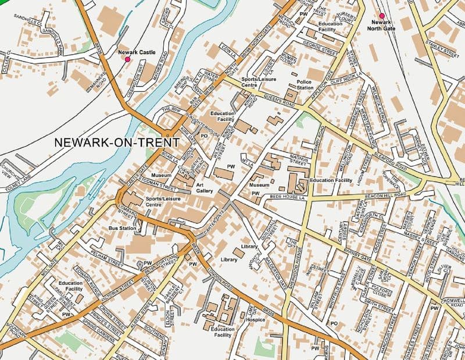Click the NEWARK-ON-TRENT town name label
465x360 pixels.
[x=116, y=142]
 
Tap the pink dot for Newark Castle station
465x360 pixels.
[x=128, y=59]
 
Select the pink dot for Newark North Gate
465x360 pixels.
[x=382, y=16]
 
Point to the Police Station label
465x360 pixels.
[x=305, y=85]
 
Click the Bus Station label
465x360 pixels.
[x=122, y=229]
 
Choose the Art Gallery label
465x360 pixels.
[x=205, y=187]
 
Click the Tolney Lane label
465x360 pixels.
[x=17, y=177]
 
